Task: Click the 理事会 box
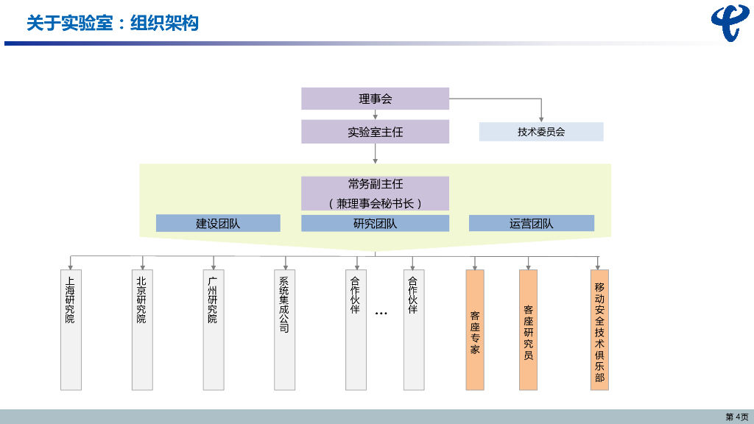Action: tap(376, 99)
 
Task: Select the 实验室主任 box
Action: tap(376, 132)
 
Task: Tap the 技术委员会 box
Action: tap(541, 132)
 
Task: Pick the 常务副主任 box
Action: tap(376, 193)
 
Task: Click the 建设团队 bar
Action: tap(218, 223)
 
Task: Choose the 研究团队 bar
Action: tap(376, 223)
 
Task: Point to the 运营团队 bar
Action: tap(532, 223)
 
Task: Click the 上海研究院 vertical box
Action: tap(71, 329)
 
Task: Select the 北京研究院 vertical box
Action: tap(142, 329)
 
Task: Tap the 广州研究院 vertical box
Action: tap(214, 329)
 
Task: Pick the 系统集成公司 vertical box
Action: tap(284, 329)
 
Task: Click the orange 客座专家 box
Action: tap(475, 329)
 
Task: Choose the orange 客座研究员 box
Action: tap(529, 329)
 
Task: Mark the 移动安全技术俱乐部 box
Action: tap(599, 329)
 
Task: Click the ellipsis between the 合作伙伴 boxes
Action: tap(381, 314)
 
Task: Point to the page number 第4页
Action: tap(736, 417)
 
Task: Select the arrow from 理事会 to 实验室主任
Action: tap(376, 115)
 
